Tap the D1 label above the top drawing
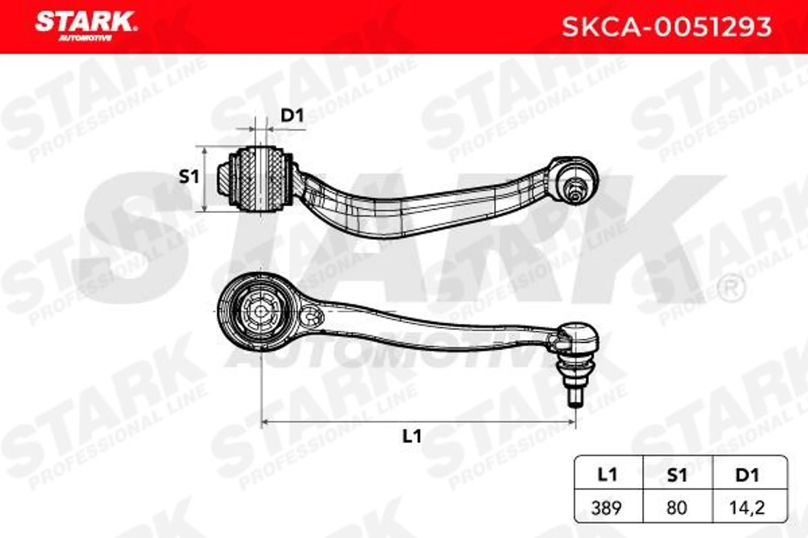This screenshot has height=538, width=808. coord(292,116)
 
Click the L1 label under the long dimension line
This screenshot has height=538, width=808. coord(412,436)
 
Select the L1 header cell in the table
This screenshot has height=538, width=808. coord(608,475)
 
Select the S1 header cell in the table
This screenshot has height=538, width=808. coord(677,475)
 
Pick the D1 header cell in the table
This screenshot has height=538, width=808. coord(747,475)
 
